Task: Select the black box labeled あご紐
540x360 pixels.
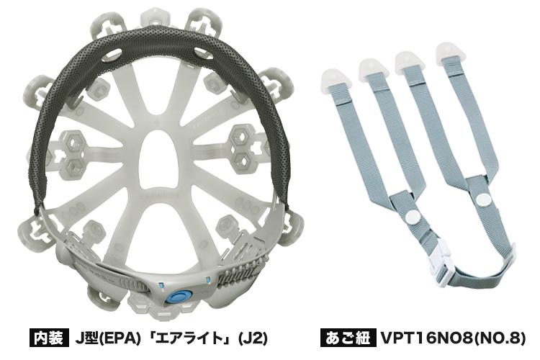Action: pos(346,338)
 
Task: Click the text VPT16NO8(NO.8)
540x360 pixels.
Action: pos(453,338)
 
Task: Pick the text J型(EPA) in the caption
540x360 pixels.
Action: pos(108,338)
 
